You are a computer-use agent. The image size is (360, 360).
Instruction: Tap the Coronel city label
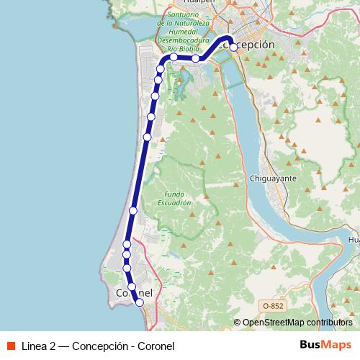click(x=135, y=293)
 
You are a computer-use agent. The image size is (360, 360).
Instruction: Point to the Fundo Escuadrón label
click(x=176, y=199)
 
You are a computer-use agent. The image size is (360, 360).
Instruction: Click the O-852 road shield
click(x=272, y=306)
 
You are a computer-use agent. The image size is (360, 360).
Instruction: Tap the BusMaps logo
click(x=326, y=345)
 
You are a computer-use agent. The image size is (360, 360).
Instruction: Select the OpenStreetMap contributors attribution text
click(x=297, y=323)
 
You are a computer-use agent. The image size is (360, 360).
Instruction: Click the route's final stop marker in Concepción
click(x=233, y=48)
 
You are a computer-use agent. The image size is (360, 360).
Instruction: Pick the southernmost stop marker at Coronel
click(x=140, y=303)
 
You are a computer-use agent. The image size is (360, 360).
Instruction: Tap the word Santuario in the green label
click(x=182, y=14)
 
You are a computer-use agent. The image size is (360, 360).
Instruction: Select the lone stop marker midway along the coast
click(x=133, y=210)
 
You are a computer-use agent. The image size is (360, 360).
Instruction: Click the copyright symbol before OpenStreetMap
click(x=237, y=323)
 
